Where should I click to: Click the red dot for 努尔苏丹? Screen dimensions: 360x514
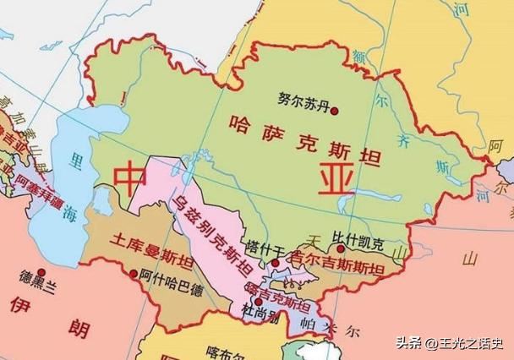coord(335,111)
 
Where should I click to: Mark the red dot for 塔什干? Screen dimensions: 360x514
coord(275,263)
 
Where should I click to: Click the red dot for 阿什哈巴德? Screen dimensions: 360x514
coord(134,273)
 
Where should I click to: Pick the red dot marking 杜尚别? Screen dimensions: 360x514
coord(259,302)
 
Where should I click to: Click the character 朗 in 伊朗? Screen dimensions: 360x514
coord(79,330)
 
